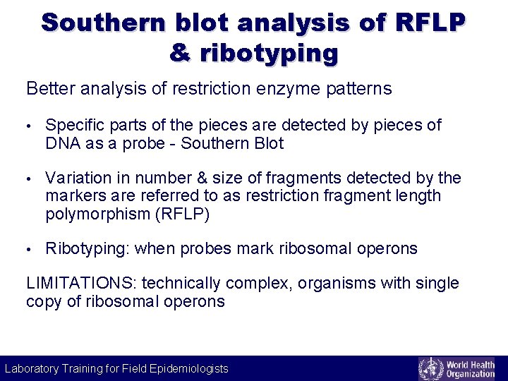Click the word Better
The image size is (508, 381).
(x=52, y=89)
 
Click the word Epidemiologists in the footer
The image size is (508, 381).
(x=189, y=368)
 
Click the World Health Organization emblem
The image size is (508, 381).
(x=430, y=368)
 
